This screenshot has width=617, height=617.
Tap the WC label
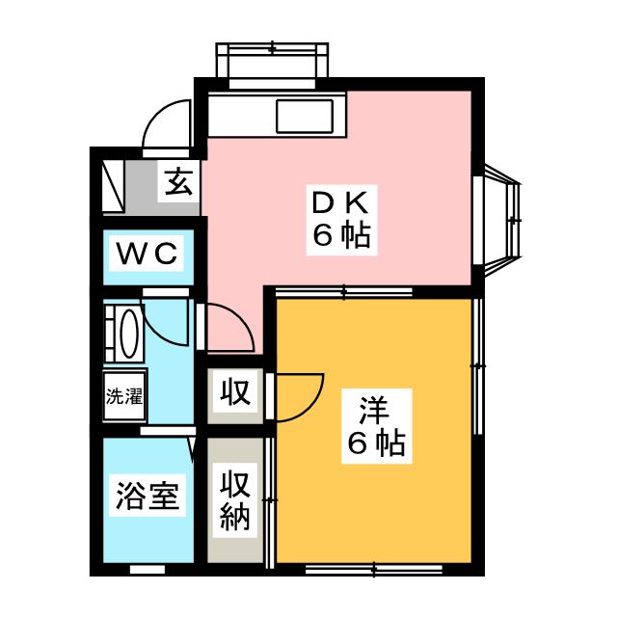coord(148,255)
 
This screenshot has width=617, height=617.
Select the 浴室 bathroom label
coord(147,498)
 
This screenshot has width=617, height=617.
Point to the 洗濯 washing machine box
coord(122,396)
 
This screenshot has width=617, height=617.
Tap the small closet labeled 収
coord(233,393)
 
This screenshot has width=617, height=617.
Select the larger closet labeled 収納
coord(233,500)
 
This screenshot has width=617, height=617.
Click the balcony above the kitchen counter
coord(272,64)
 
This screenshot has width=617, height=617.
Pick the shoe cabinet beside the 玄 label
coord(114,183)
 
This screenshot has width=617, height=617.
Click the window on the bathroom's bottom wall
coord(147,570)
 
